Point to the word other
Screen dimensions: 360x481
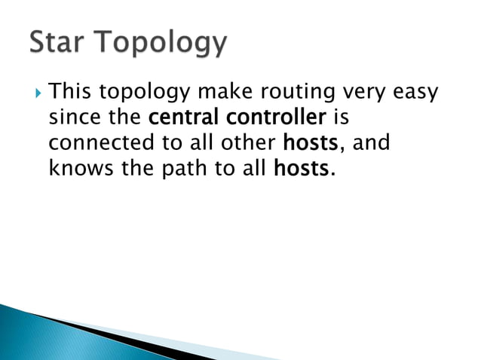251,142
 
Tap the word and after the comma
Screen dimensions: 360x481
372,142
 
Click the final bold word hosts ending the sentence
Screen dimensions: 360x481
300,167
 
